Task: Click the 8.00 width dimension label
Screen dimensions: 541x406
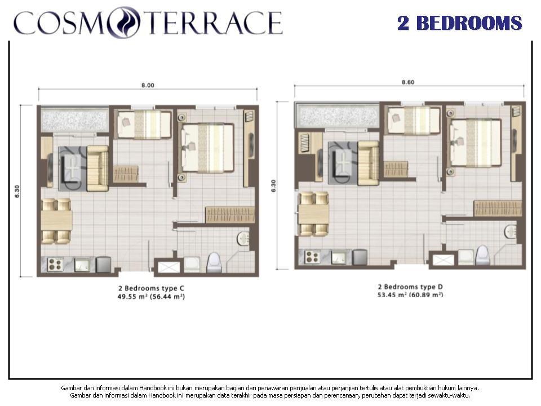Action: click(148, 85)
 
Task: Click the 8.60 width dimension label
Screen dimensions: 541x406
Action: click(408, 82)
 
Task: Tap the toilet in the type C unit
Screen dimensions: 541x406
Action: click(214, 262)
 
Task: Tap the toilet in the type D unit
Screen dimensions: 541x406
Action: click(482, 255)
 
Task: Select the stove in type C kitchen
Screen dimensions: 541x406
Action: click(55, 265)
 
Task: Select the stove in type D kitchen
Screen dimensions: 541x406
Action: click(312, 257)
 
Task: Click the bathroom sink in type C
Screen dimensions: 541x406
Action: click(243, 239)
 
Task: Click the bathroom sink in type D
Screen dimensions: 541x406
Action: click(511, 231)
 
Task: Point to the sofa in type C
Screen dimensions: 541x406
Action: click(97, 169)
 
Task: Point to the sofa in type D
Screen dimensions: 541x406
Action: click(369, 164)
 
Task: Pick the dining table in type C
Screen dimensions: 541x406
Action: click(56, 220)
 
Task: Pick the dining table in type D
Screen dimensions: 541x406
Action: click(314, 214)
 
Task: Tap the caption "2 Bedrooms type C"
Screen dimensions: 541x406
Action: click(151, 288)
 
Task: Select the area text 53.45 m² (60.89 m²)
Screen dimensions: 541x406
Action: click(410, 295)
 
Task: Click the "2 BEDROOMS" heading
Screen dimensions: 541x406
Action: click(459, 23)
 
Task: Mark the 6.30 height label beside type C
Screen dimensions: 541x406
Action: click(17, 191)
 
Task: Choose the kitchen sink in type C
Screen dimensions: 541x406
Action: click(82, 265)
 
